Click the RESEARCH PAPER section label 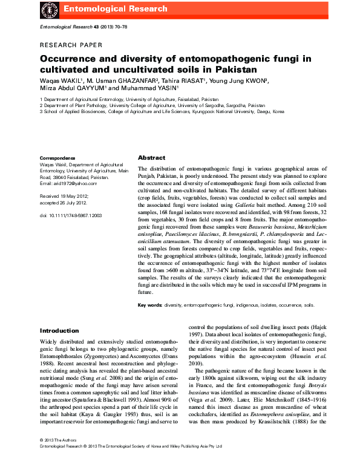point(71,45)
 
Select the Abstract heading point(151,157)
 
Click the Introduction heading point(59,331)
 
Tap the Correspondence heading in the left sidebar point(57,157)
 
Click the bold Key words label point(150,306)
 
